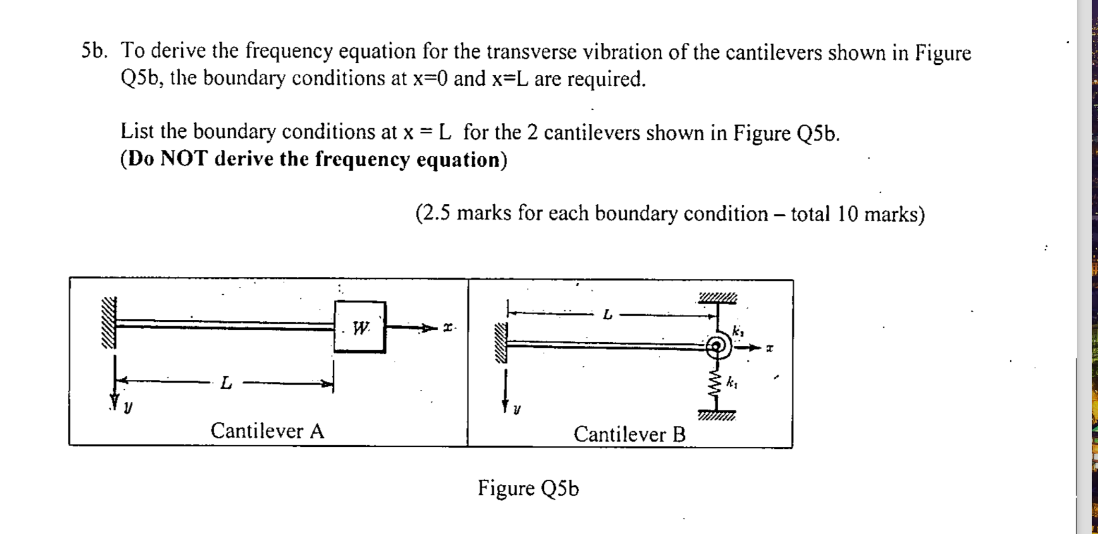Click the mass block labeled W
point(360,327)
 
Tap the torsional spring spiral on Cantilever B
point(718,346)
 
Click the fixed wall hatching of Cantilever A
point(109,322)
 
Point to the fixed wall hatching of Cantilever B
point(501,343)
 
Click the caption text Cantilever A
point(267,431)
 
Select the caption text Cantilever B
point(629,434)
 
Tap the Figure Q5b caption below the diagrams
point(528,488)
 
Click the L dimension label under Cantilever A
point(226,383)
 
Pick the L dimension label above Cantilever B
point(607,315)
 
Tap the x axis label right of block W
point(447,328)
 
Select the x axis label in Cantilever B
point(769,347)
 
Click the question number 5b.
point(95,51)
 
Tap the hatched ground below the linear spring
point(717,416)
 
